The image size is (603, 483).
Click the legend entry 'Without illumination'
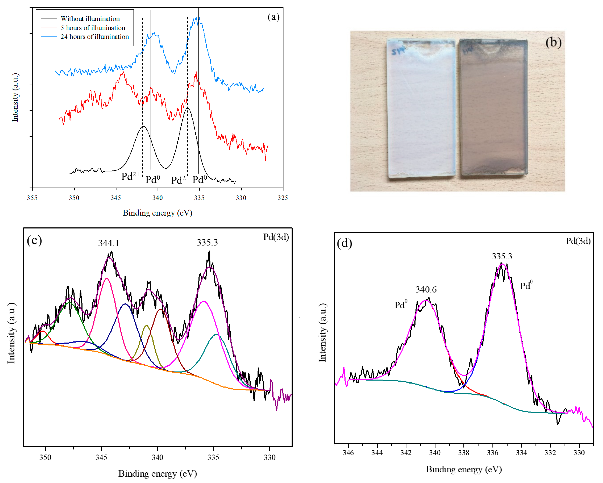pos(90,19)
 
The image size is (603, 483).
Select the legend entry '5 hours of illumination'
pos(93,28)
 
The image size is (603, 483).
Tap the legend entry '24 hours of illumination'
pos(95,37)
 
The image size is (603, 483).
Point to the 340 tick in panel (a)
pos(158,198)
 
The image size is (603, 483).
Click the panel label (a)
pos(273,17)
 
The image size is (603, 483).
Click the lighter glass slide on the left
pos(421,109)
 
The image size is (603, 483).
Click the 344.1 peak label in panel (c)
pos(109,243)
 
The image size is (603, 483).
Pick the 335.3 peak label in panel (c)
pos(207,242)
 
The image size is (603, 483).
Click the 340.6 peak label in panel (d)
pos(426,289)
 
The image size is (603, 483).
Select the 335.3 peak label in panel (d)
pos(502,256)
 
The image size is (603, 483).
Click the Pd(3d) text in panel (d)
pos(578,241)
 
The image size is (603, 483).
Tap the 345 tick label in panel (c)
pos(101,457)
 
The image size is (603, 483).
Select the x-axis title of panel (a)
pos(158,213)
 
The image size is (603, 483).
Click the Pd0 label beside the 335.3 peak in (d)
pos(526,286)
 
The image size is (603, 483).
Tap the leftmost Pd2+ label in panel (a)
pos(130,176)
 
